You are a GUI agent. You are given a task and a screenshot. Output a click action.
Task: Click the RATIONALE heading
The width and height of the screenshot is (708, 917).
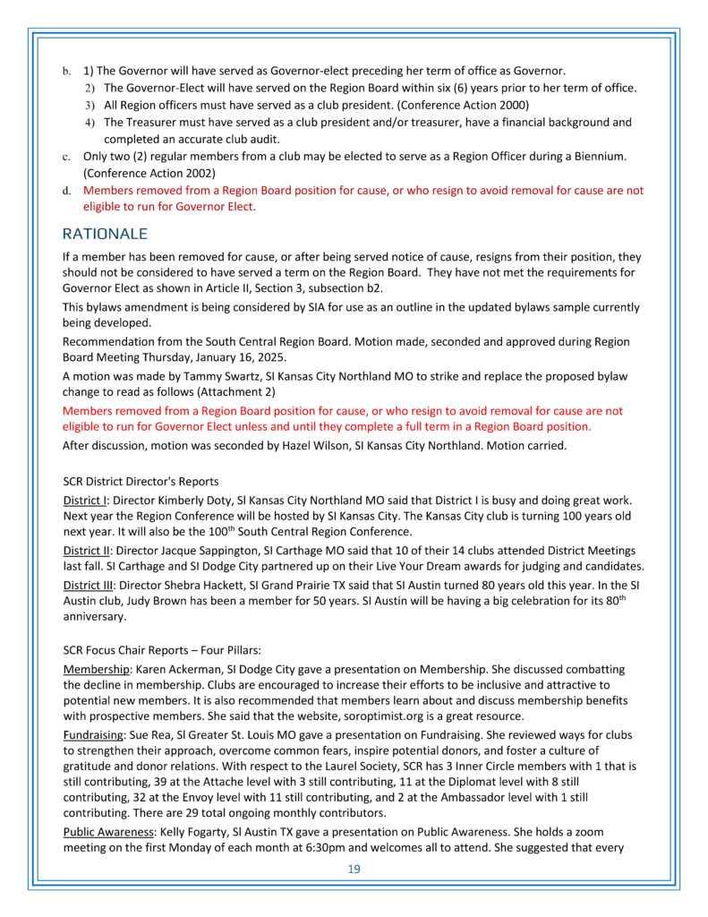[104, 234]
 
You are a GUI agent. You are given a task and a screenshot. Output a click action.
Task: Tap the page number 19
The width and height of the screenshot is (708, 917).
[354, 868]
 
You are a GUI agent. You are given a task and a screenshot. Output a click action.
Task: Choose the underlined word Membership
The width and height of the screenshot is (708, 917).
[97, 669]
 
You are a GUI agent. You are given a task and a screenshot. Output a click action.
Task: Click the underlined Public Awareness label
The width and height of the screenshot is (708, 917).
[109, 829]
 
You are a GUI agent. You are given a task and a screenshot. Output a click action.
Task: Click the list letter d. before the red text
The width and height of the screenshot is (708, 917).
[66, 191]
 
